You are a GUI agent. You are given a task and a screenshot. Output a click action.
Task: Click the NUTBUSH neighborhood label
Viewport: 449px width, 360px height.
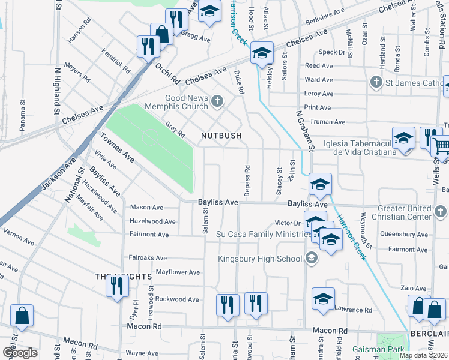(221, 136)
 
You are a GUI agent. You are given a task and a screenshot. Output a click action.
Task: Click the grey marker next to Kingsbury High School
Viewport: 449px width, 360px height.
(311, 259)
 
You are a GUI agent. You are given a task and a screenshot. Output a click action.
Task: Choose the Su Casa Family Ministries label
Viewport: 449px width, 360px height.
(264, 233)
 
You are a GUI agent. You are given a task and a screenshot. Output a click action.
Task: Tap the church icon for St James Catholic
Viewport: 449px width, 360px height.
(376, 82)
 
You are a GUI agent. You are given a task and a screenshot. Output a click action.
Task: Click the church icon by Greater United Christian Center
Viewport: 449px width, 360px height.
(441, 211)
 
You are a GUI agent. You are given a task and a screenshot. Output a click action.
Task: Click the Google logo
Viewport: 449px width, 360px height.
(20, 353)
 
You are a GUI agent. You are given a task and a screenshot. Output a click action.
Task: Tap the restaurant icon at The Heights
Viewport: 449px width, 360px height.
(115, 285)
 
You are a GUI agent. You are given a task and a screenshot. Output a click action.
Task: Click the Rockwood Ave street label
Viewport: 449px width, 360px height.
(176, 299)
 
